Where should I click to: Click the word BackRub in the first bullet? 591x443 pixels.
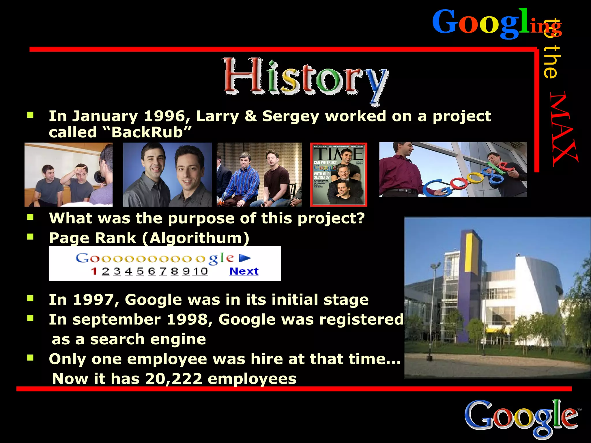(147, 132)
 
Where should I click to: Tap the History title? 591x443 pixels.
(306, 77)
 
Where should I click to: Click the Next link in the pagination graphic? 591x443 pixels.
(244, 271)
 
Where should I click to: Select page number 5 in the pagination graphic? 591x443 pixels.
(140, 271)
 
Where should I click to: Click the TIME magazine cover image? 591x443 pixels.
(338, 174)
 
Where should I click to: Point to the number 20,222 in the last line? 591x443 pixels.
(174, 378)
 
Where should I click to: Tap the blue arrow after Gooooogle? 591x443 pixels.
(245, 258)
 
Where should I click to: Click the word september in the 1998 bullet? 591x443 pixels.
(116, 320)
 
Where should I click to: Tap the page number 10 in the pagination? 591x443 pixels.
(201, 271)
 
